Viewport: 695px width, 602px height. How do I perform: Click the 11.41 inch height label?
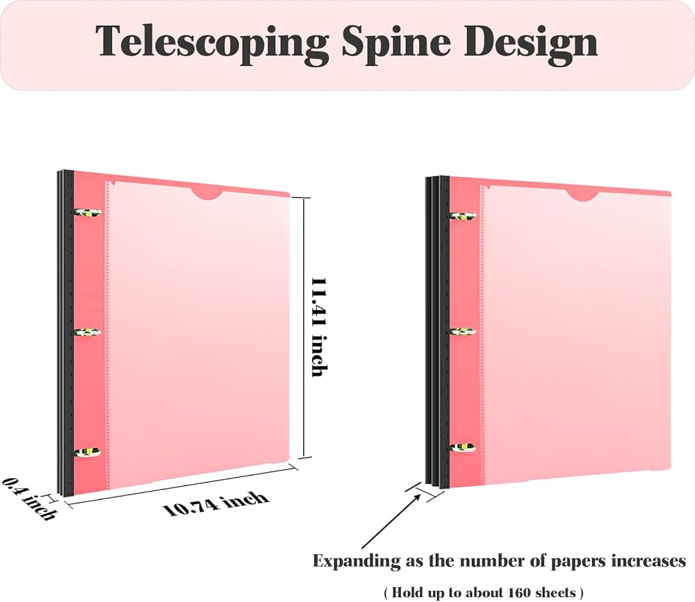click(319, 327)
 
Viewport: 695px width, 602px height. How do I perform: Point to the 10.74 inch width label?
click(216, 504)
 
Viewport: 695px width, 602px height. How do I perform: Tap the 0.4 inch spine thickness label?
click(29, 499)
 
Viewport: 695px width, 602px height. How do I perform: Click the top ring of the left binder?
click(88, 213)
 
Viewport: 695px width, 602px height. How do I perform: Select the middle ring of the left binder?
click(88, 332)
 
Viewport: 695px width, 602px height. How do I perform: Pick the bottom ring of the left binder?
click(88, 452)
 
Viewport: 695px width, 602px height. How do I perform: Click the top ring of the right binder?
click(463, 216)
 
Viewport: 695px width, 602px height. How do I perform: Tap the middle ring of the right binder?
click(463, 332)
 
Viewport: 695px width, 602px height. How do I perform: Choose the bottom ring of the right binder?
click(463, 447)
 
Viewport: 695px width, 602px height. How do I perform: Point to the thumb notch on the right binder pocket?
click(582, 196)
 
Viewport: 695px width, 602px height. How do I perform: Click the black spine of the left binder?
click(65, 332)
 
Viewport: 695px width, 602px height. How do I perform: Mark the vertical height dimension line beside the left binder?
click(304, 328)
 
